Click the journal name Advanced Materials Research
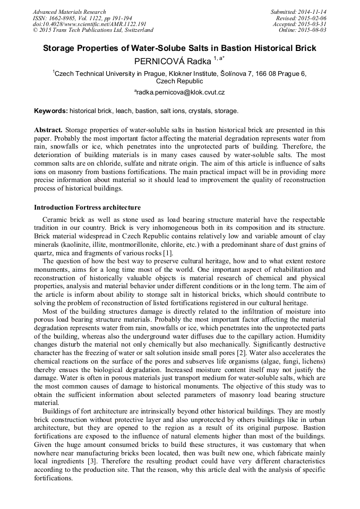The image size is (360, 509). pyautogui.click(x=69, y=12)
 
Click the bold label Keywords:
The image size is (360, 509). pyautogui.click(x=51, y=111)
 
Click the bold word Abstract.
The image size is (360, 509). pyautogui.click(x=48, y=130)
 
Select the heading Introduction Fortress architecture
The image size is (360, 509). pyautogui.click(x=87, y=208)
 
